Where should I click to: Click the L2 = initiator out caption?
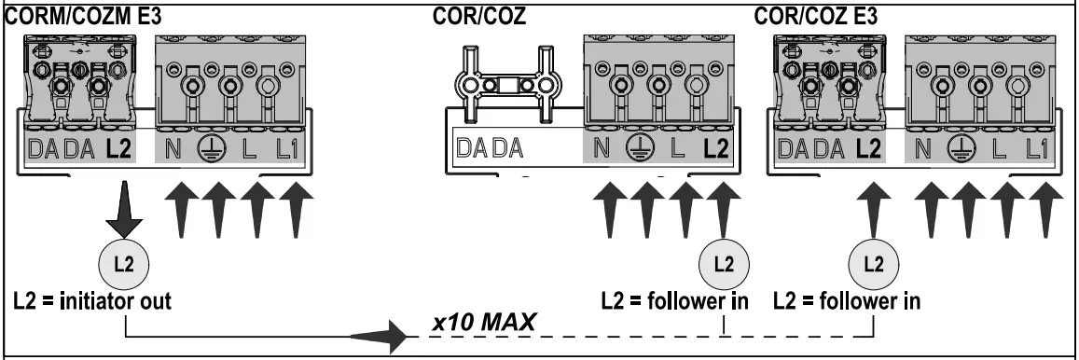coord(92,302)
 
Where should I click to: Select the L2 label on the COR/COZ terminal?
coord(716,147)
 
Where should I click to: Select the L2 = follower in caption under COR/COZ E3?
coord(848,302)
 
